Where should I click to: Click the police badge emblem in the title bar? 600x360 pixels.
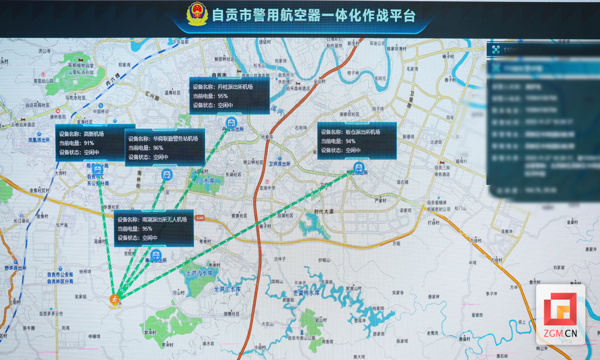(197, 14)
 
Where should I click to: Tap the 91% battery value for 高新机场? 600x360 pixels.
(89, 143)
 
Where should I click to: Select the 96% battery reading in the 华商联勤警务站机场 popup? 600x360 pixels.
(158, 148)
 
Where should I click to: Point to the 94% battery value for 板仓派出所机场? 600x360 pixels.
(350, 141)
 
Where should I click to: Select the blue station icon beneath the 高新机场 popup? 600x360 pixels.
(98, 170)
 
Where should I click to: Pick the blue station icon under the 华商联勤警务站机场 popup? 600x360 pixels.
(167, 174)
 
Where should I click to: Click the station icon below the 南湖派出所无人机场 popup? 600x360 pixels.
(155, 255)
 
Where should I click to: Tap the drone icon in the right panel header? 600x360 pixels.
(497, 50)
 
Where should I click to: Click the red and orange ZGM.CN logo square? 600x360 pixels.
(560, 311)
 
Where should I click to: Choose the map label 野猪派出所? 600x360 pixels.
(15, 267)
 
